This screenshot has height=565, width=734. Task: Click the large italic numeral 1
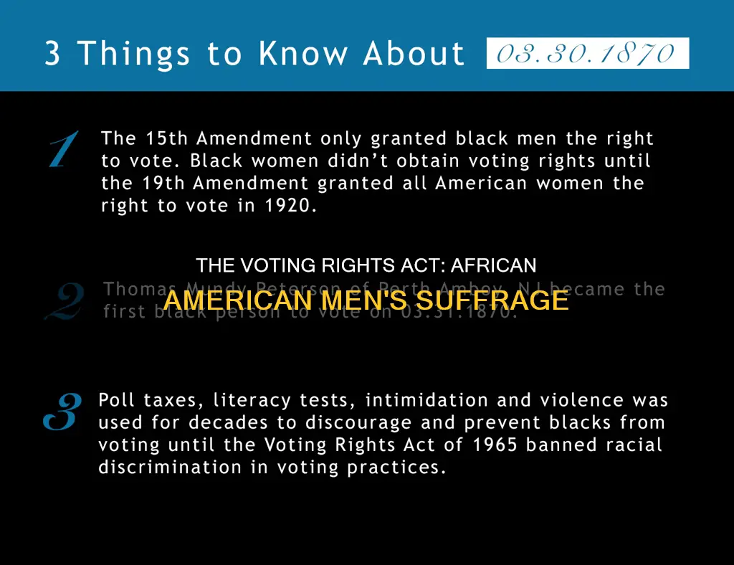click(64, 149)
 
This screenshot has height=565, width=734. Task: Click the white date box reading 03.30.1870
click(587, 54)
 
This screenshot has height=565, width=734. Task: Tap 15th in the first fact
click(167, 138)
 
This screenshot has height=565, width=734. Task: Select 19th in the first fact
click(163, 183)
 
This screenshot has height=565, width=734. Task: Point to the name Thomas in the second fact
click(133, 289)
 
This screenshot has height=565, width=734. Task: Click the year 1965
click(494, 445)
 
